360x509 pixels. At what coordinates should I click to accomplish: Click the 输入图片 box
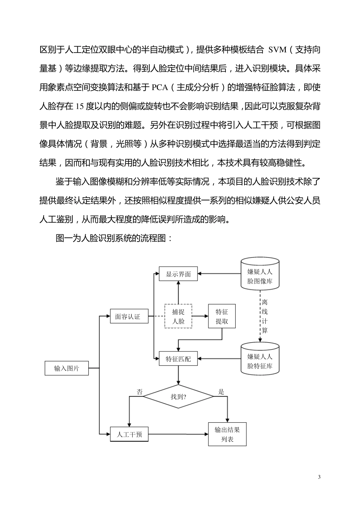tap(66, 368)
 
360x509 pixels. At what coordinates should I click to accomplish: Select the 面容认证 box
tap(127, 317)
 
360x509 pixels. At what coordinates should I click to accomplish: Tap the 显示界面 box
tap(178, 274)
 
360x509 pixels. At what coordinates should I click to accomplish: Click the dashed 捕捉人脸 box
tap(178, 316)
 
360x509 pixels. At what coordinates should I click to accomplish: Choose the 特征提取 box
tap(222, 316)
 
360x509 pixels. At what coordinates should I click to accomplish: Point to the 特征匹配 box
tap(178, 359)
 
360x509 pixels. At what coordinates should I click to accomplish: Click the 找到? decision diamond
tap(178, 397)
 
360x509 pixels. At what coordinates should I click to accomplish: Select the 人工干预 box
tap(129, 434)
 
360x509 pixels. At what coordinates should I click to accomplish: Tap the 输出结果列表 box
tap(227, 434)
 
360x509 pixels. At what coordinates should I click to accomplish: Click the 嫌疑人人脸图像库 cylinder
tap(260, 276)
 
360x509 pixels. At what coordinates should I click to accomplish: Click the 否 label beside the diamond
tap(140, 392)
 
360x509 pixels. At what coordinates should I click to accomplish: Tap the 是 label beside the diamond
tap(221, 392)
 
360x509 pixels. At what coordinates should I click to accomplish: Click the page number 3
tap(319, 477)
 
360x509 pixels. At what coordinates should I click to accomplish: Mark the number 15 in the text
tap(80, 106)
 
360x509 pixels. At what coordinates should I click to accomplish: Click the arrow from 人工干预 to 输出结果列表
tap(178, 434)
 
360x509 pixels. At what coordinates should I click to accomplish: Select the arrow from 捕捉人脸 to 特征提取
tap(200, 316)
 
